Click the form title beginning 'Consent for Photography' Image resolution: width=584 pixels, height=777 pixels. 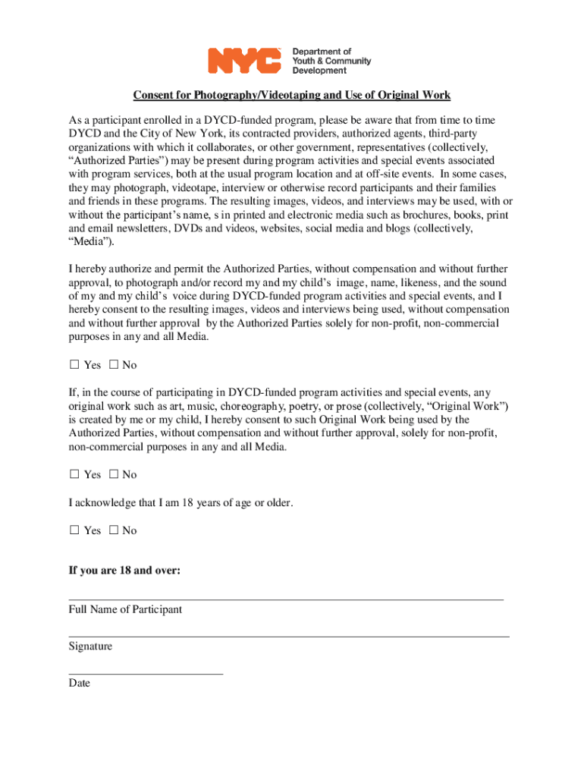[x=292, y=95]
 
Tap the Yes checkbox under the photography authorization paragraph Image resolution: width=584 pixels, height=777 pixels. [x=74, y=365]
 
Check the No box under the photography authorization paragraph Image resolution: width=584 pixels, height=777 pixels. [x=114, y=365]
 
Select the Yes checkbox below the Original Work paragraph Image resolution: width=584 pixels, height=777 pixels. [x=74, y=474]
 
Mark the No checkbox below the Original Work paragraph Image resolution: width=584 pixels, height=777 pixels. [x=114, y=474]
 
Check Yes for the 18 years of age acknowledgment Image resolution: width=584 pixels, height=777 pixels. [x=74, y=530]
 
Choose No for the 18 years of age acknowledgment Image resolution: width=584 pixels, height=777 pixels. [x=114, y=530]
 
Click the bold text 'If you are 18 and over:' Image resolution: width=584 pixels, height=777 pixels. [x=124, y=571]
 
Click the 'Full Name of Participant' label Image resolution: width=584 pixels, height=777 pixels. [x=125, y=609]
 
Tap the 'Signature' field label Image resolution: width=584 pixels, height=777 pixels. [x=90, y=646]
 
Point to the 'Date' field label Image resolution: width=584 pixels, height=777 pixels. [x=79, y=683]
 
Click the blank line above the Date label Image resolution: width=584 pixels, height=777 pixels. [x=146, y=673]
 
